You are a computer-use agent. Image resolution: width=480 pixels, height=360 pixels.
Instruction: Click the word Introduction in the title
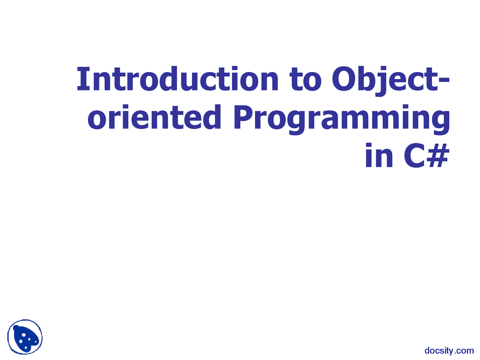coord(177,79)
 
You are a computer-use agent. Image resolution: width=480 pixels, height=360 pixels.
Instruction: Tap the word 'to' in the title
coord(306,79)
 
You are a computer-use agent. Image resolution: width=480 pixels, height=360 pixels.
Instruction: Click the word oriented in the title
coord(154,117)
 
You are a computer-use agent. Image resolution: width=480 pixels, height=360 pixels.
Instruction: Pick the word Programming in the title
coord(341,117)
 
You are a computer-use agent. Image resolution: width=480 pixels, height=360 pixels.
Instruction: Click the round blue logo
coord(25,337)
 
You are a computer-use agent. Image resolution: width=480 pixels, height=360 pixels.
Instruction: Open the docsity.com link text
coord(449,351)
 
